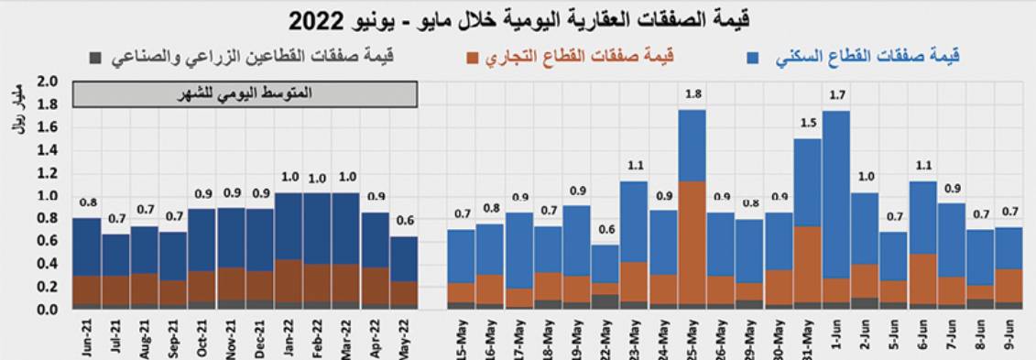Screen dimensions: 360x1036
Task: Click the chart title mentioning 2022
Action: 518,19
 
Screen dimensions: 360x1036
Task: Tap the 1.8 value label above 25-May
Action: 692,94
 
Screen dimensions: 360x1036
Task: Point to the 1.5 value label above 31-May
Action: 807,123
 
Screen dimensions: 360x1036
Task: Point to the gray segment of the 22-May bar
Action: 605,300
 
